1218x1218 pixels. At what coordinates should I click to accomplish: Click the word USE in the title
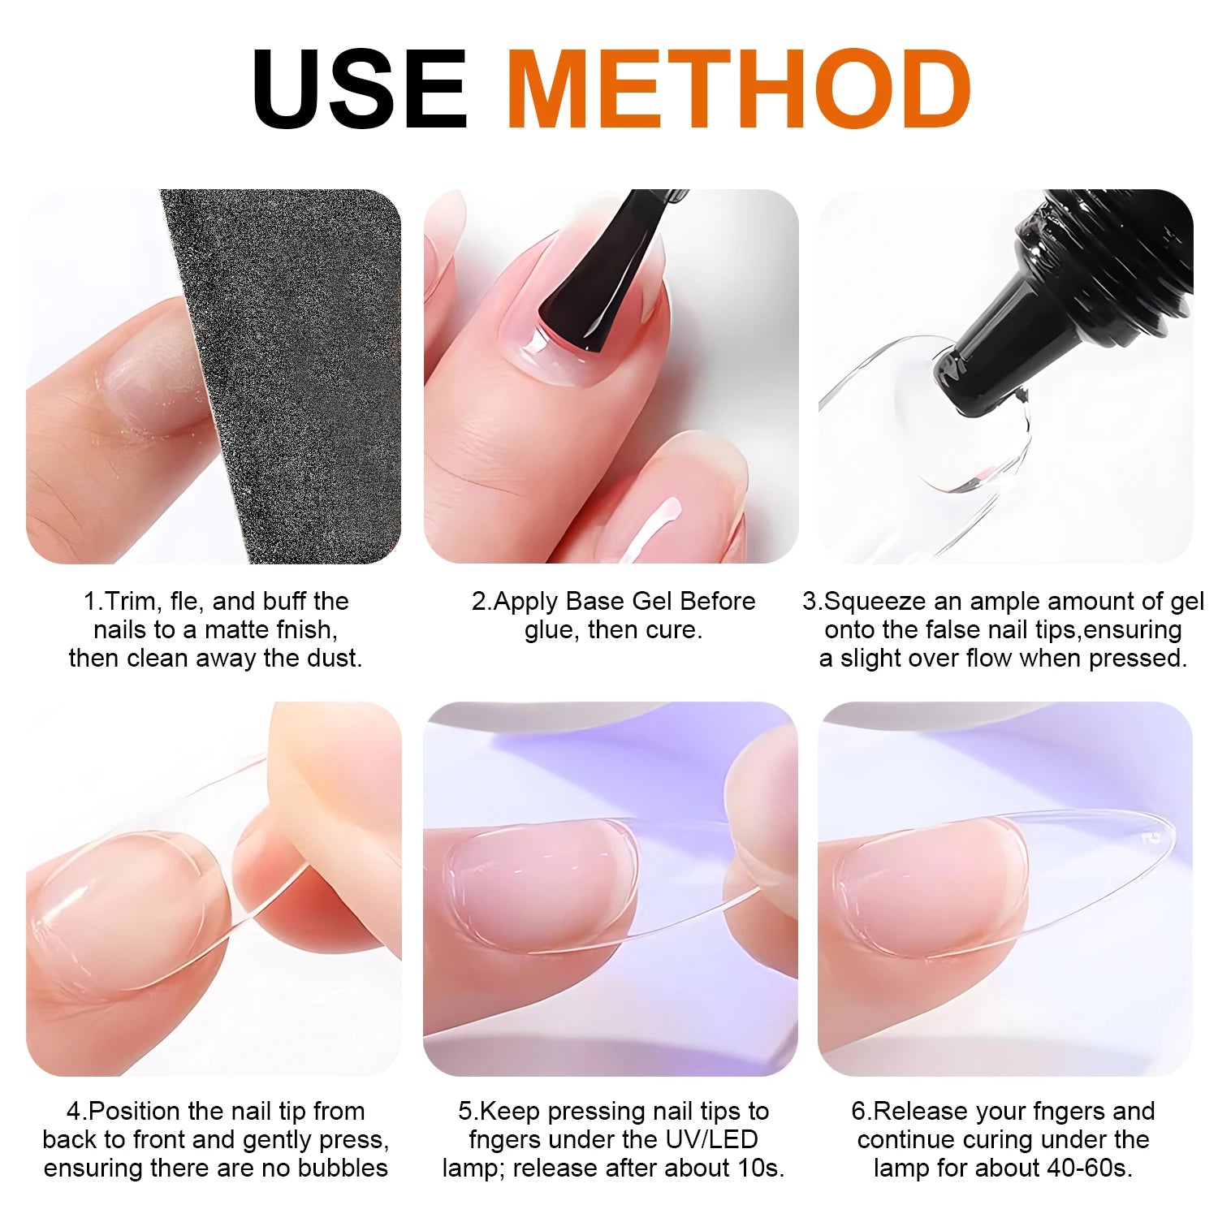360,89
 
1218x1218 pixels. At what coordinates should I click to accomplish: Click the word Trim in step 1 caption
135,602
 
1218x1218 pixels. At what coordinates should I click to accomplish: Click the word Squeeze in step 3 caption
875,602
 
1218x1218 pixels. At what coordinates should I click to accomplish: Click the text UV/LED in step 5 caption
708,1140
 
